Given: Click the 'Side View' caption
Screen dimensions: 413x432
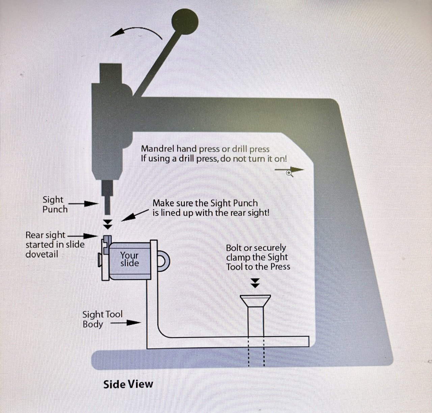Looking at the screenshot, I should (128, 384).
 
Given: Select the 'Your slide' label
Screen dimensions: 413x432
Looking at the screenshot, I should (129, 259).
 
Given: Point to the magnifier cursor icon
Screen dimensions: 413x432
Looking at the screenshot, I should (289, 173).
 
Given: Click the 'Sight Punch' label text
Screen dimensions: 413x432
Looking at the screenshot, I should (55, 204).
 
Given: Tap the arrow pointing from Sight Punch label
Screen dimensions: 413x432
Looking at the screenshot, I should (85, 204).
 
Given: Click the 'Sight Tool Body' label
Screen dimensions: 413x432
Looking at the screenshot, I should (102, 319).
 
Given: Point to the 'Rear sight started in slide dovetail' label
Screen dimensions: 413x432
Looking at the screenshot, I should (55, 244).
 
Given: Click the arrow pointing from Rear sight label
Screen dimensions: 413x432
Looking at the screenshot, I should (83, 236).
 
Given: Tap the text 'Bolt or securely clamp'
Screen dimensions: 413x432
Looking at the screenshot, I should (256, 252).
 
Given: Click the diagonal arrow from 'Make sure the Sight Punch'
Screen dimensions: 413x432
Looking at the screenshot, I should (135, 215).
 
